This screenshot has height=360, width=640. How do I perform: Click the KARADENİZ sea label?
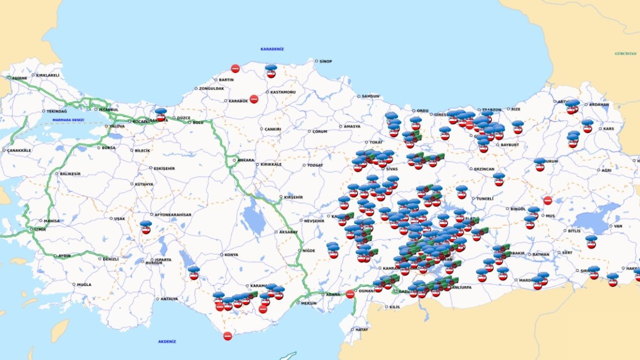[x=272, y=49]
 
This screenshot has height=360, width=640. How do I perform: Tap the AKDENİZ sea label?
[x=167, y=341]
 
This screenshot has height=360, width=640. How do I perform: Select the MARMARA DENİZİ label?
[x=69, y=120]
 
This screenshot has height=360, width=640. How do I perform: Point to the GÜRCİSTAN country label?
[x=625, y=53]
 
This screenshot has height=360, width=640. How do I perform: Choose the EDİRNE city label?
[x=19, y=78]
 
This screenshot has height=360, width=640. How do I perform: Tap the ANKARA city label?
[x=245, y=160]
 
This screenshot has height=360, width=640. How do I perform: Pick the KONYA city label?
[x=231, y=254]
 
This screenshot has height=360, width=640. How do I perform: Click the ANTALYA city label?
[x=169, y=299]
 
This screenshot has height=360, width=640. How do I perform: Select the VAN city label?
[x=618, y=226]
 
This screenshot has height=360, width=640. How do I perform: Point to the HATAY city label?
[x=361, y=329]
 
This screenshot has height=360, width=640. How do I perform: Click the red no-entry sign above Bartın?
[x=235, y=68]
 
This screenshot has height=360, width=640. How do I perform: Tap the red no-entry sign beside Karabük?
[x=254, y=99]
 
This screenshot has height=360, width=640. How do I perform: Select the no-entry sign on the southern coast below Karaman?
[x=227, y=336]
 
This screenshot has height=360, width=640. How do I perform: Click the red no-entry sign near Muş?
[x=547, y=200]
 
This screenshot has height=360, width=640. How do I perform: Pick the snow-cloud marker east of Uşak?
[x=145, y=227]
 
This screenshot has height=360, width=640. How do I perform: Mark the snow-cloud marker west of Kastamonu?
[x=271, y=70]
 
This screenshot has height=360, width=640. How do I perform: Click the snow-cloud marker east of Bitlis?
[x=591, y=241]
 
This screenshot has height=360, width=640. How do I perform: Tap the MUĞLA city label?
[x=84, y=284]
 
